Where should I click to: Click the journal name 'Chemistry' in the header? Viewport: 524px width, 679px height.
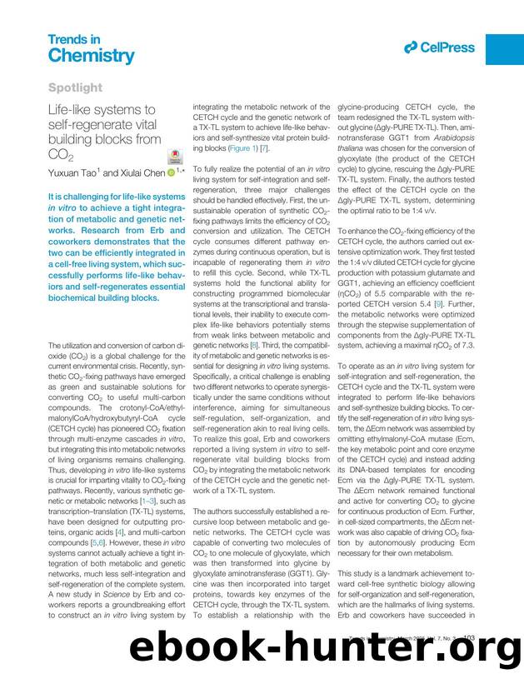tap(90, 56)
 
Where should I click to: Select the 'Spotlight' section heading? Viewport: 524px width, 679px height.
tap(75, 87)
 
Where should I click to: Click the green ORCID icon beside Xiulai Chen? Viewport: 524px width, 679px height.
tap(171, 172)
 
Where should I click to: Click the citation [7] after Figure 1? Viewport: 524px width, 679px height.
tap(265, 147)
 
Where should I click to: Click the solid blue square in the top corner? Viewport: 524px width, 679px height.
tap(504, 49)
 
